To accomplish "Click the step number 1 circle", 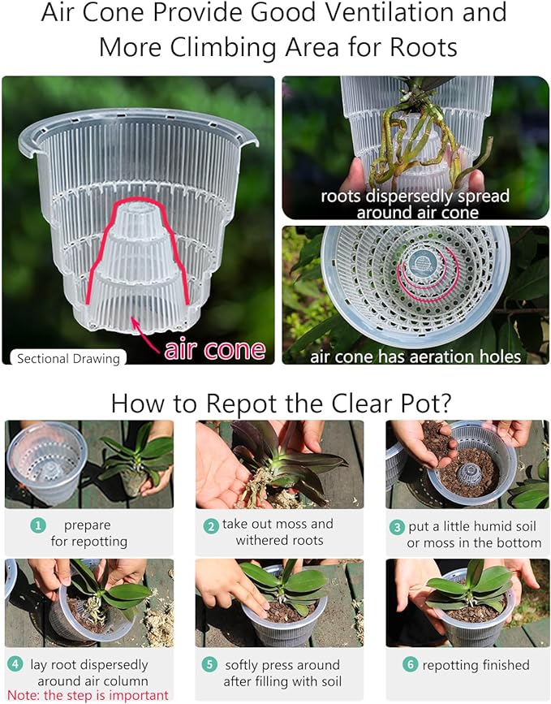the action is [x=38, y=525].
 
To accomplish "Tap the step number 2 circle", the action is [x=211, y=525].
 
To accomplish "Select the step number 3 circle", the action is [x=397, y=527].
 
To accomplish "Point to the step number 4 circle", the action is [x=15, y=663].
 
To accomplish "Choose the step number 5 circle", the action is [x=209, y=664].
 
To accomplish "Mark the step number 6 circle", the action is [x=410, y=664].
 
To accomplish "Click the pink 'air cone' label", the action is [x=215, y=350].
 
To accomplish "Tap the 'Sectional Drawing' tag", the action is [x=68, y=358].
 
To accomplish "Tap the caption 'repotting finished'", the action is [x=476, y=665].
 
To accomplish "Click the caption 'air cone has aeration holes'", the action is [x=415, y=356].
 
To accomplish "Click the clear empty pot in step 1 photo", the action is [x=46, y=462].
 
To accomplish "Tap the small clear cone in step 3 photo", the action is [x=469, y=474].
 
